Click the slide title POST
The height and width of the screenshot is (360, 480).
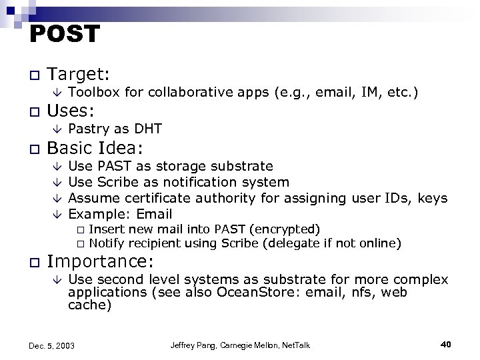click(65, 34)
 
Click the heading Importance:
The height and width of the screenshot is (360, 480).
click(101, 260)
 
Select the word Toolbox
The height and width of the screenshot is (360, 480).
click(93, 92)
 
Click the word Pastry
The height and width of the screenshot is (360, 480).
click(88, 129)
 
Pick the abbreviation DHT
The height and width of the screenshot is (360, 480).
click(149, 129)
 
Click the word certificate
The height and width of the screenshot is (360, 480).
click(149, 198)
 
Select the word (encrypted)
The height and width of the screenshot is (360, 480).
click(285, 229)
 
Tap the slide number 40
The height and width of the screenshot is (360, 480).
click(446, 344)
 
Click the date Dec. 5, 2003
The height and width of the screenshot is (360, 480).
click(52, 345)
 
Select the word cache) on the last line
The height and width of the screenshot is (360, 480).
click(90, 306)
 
